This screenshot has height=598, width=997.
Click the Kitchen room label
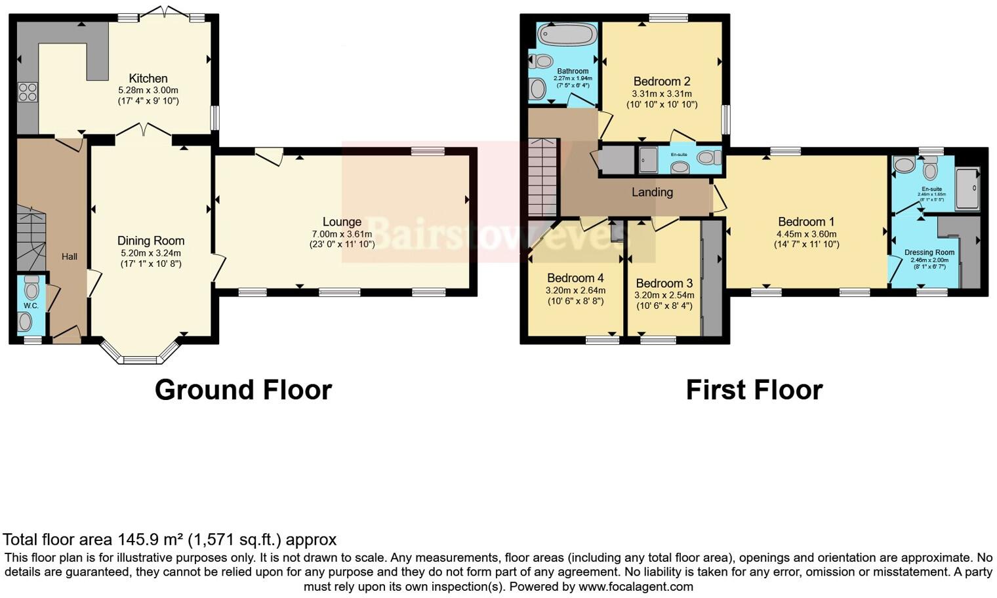tap(148, 78)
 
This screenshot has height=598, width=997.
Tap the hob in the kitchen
tap(28, 92)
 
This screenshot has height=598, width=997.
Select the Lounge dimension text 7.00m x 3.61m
tap(342, 234)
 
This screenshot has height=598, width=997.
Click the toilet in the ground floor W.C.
tap(31, 289)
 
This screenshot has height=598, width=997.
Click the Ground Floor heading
tap(243, 389)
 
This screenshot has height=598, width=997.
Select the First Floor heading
tap(754, 389)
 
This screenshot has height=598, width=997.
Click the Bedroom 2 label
tap(661, 81)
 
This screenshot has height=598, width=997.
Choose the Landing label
tap(652, 192)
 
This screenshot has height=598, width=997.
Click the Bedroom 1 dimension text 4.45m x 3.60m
tap(806, 234)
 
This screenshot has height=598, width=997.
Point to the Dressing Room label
tap(929, 252)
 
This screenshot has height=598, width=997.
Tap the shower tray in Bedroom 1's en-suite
tap(967, 188)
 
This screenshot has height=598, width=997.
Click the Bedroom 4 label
tap(575, 278)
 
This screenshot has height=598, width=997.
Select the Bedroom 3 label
tap(664, 283)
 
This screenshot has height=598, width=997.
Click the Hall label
tap(70, 256)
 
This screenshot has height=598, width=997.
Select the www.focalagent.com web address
tap(636, 587)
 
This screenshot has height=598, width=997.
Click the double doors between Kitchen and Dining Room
tap(144, 130)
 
